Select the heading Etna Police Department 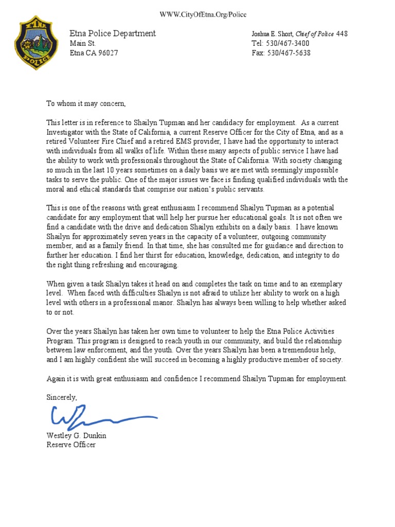pos(113,33)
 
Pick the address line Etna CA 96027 pos(94,53)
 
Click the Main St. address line pos(83,43)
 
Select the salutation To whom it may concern pos(86,103)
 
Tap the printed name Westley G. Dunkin pos(77,435)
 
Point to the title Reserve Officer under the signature pos(71,445)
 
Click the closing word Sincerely pos(62,397)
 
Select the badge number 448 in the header pos(342,34)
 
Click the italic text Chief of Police pos(314,34)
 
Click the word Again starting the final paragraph pos(56,379)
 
